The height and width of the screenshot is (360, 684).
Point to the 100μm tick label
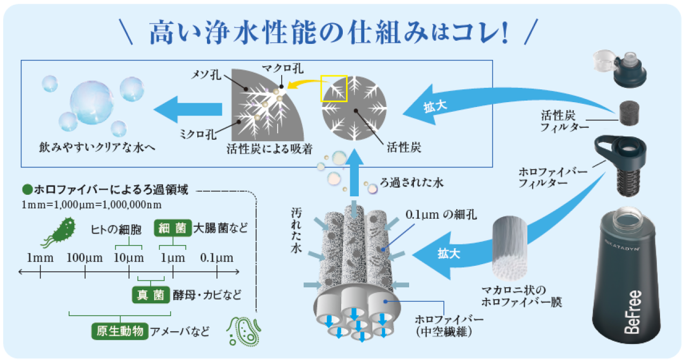tap(84, 258)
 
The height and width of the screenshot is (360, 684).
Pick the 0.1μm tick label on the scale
tap(217, 258)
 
